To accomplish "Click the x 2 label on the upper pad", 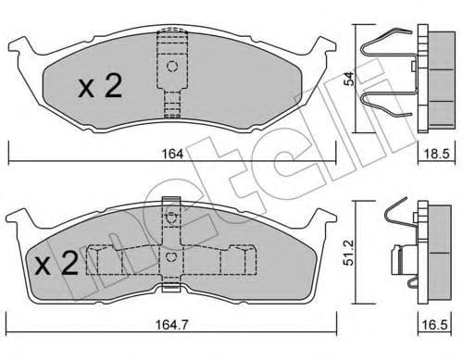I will tap(100, 88).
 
